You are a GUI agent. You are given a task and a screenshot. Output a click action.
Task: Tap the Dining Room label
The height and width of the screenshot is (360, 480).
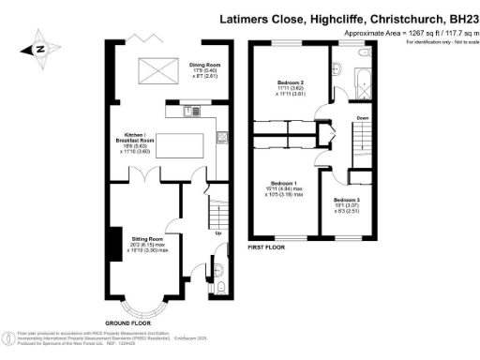tap(203, 67)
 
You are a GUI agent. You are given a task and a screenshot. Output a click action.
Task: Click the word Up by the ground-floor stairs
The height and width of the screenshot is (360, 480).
tap(219, 233)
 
